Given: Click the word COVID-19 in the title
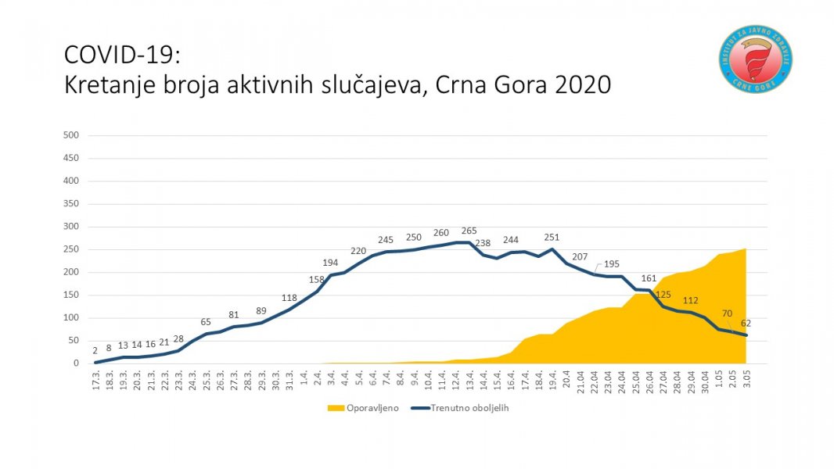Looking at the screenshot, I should coord(121,55).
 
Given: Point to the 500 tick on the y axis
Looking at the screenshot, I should coord(71,135).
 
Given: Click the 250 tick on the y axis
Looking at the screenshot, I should coord(71,249).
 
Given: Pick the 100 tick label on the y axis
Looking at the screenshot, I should coord(71,318).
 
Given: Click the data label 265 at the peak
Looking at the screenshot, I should coord(469,231).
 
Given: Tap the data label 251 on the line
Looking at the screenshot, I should coord(552,238).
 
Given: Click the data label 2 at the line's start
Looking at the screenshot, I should coord(95,352).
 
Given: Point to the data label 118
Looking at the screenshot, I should coord(289,297).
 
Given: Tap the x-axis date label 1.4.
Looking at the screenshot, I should coord(303,381).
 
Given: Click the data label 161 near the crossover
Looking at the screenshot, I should coord(649,277).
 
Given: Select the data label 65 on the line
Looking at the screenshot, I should coord(206,321).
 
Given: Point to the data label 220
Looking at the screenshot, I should coord(358,251).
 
